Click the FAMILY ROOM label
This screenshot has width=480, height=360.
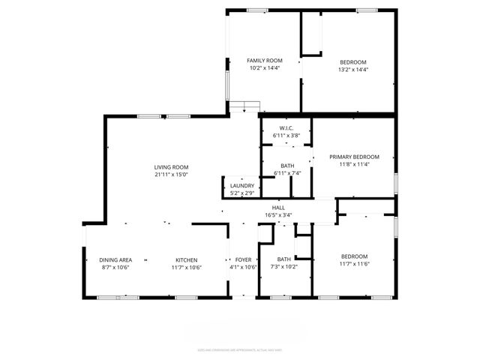[x=264, y=61]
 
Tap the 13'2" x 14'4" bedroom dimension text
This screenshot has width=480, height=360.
[x=352, y=69]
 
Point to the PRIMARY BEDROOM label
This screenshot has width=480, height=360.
[x=354, y=157]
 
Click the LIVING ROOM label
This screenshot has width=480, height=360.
[x=171, y=167]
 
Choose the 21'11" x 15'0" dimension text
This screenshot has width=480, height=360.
[x=171, y=175]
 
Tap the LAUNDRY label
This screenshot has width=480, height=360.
[x=242, y=186]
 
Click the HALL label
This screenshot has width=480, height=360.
[x=278, y=207]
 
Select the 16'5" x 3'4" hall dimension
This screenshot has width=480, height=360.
[x=278, y=215]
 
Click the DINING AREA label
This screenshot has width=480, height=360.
[x=116, y=259]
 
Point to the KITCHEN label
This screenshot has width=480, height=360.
[x=187, y=259]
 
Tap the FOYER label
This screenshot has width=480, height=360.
[x=242, y=259]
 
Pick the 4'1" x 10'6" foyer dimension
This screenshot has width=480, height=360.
[x=242, y=267]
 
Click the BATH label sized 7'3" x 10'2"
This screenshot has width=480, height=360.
[x=283, y=259]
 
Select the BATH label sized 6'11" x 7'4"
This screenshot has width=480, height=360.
[x=286, y=166]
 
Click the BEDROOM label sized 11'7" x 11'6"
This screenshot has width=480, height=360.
[x=354, y=256]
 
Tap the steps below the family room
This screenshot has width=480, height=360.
[x=244, y=106]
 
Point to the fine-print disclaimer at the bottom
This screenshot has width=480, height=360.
[x=240, y=349]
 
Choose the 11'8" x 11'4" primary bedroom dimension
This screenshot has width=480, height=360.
[x=354, y=165]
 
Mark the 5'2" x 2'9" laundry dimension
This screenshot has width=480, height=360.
[x=242, y=193]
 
